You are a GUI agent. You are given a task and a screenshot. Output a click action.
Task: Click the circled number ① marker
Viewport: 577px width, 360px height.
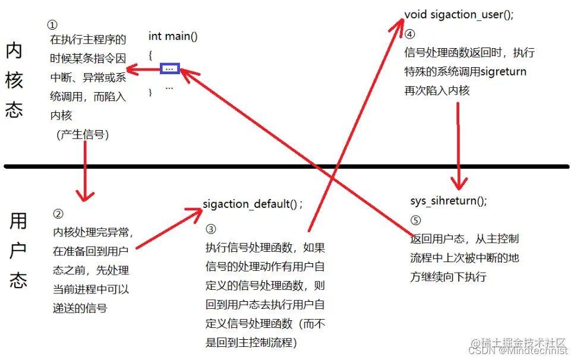[x=52, y=26]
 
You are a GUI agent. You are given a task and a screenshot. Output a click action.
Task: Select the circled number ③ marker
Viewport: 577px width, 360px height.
[x=210, y=229]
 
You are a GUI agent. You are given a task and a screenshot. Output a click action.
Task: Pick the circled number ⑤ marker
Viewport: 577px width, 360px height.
[x=415, y=220]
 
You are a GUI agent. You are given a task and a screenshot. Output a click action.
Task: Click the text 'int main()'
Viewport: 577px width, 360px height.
[x=173, y=36]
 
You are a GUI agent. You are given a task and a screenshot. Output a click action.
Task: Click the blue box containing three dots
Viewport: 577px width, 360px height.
[x=169, y=68]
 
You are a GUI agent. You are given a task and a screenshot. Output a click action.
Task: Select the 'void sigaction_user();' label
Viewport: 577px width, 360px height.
[x=459, y=15]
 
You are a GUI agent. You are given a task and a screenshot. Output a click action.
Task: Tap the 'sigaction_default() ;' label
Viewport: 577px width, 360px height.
[x=253, y=204]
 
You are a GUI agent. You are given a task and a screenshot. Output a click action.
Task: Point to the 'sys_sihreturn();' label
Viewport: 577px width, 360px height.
[x=448, y=200]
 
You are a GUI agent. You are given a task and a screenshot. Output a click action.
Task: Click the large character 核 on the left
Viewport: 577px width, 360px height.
[x=14, y=80]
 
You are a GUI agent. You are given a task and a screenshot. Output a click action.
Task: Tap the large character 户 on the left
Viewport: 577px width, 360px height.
[x=18, y=250]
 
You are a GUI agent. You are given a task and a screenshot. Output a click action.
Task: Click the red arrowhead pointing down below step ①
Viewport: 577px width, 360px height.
[x=86, y=194]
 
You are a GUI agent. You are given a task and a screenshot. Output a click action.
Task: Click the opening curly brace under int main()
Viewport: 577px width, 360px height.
[x=151, y=55]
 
